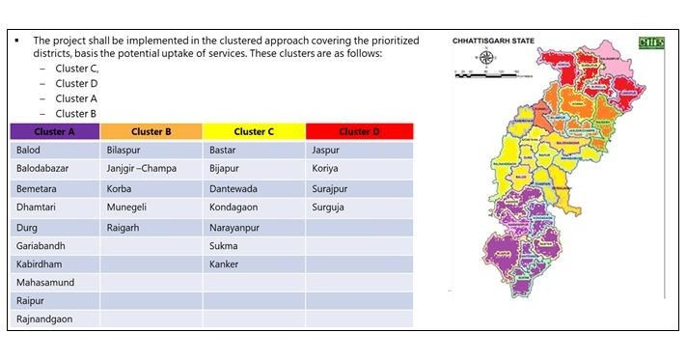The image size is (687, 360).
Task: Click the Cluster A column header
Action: pos(54,131)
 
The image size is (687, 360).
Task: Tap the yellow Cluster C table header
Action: pos(254,131)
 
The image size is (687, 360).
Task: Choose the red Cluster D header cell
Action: pos(359,131)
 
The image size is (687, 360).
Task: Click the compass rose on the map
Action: pos(486,57)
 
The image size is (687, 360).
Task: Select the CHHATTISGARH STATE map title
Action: pos(494,41)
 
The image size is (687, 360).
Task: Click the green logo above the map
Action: pos(650,42)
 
